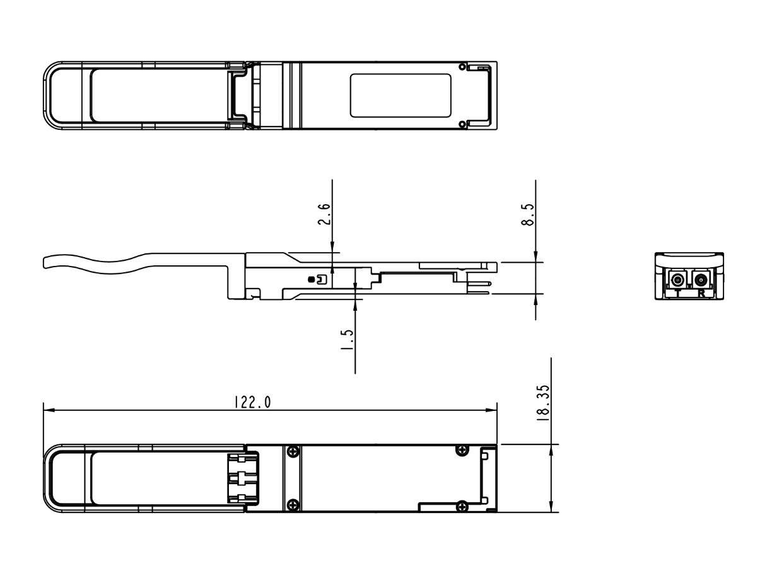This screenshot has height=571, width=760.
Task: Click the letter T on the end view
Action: [678, 293]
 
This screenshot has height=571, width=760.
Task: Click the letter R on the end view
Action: [701, 293]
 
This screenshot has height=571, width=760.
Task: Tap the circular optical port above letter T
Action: [678, 280]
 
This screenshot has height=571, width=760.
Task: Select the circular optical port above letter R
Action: [700, 280]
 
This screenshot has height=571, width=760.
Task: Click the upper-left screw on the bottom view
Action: [292, 451]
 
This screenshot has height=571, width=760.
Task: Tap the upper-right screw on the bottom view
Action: [462, 449]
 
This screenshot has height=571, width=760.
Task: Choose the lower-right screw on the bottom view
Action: [462, 505]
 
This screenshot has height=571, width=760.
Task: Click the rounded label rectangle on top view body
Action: [400, 95]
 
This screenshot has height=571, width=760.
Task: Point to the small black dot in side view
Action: [310, 279]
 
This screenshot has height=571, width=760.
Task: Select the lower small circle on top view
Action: [462, 124]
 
